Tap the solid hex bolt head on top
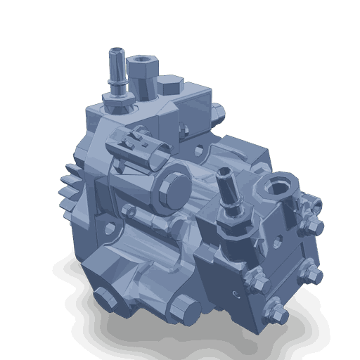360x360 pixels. tap(169, 88)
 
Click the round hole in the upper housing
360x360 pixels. tap(200, 152)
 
